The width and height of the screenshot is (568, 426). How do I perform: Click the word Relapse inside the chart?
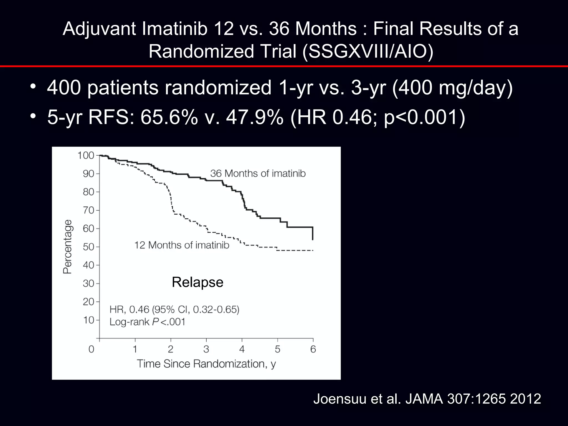coord(197,282)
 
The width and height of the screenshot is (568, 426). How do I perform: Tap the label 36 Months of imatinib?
coord(258,174)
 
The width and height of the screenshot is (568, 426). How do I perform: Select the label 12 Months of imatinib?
coord(182,245)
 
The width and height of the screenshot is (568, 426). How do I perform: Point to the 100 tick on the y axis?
coord(86,155)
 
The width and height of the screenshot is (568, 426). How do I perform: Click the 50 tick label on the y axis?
coord(88,247)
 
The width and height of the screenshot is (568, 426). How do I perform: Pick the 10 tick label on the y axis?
coord(88,320)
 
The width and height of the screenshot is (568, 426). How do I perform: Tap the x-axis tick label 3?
coord(206,349)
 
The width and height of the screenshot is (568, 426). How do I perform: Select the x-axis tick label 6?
coord(313,349)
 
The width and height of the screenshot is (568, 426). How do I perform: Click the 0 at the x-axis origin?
coord(91,349)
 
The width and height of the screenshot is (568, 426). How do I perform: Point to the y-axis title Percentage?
coord(67,247)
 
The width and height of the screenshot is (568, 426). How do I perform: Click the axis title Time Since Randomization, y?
coord(206,364)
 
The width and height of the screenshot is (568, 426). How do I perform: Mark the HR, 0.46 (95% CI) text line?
coord(174,309)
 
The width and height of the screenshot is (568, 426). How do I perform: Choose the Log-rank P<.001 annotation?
coord(147,322)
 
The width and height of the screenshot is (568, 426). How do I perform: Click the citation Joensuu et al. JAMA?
coord(427,399)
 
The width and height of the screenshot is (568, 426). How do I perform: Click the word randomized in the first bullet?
coord(218,88)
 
